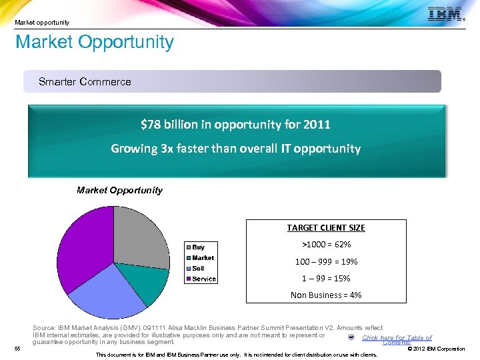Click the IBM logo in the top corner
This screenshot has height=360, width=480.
[445, 14]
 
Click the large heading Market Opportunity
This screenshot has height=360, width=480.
[95, 43]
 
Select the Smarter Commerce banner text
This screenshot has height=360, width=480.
[85, 82]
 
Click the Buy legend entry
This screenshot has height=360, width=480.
[198, 247]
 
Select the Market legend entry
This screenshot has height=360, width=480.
[203, 258]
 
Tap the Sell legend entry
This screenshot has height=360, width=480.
[198, 268]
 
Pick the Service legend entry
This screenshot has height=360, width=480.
[204, 279]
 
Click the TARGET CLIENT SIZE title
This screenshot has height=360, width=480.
[326, 228]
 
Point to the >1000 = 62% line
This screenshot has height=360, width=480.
[326, 245]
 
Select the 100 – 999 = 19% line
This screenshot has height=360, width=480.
[326, 261]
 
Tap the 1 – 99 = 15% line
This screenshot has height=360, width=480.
[326, 278]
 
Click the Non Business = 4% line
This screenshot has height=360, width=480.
[326, 295]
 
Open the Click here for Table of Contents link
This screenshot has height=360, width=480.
[397, 339]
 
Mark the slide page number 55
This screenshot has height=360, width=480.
[18, 348]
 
